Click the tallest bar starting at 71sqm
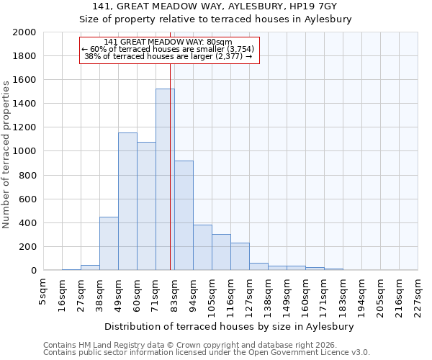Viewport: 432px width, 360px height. click(x=165, y=180)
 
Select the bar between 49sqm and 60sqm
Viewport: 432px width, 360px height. click(x=127, y=202)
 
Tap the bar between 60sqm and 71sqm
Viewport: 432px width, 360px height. click(x=146, y=206)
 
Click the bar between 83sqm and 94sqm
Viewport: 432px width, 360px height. click(x=184, y=215)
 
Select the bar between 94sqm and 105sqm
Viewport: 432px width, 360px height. click(x=202, y=248)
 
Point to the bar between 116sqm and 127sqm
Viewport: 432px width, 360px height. click(x=240, y=256)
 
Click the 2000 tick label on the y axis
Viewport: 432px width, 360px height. click(x=25, y=32)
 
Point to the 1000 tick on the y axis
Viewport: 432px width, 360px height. click(x=25, y=152)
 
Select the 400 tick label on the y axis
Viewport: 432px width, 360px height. click(x=28, y=223)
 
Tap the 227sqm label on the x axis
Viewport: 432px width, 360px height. click(x=418, y=292)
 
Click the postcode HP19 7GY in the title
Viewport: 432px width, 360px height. click(x=314, y=6)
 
